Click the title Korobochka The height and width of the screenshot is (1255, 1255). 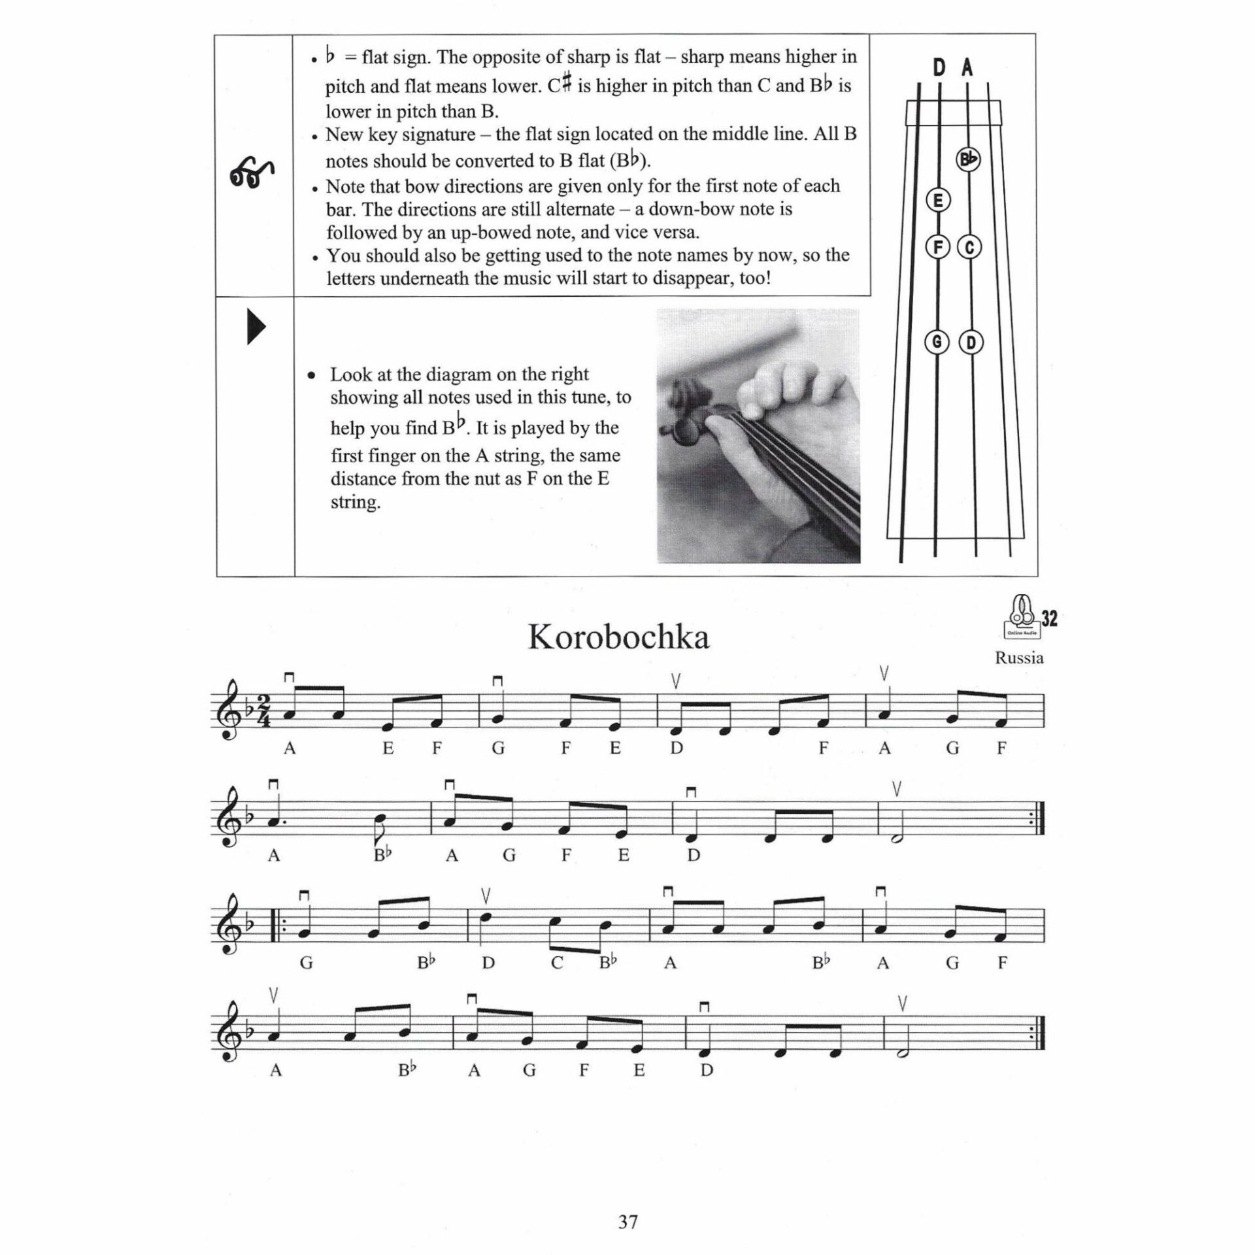click(618, 637)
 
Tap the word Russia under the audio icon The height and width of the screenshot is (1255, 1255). click(1018, 658)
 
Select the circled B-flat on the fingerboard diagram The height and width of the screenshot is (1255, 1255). click(968, 159)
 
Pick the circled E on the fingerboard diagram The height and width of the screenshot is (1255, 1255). click(938, 201)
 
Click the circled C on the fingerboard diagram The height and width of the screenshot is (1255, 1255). click(969, 247)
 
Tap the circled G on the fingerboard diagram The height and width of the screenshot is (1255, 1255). click(937, 342)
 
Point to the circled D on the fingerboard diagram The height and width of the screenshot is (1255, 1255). click(971, 342)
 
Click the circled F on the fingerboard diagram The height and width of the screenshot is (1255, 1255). click(938, 247)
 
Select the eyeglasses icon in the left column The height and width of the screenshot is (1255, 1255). click(252, 174)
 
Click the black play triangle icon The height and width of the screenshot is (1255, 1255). click(256, 328)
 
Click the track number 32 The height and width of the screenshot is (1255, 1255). click(1048, 618)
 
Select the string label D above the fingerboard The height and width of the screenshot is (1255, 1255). click(939, 67)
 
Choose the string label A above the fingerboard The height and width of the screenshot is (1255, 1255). click(967, 67)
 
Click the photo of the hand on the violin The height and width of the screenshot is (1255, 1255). click(758, 435)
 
